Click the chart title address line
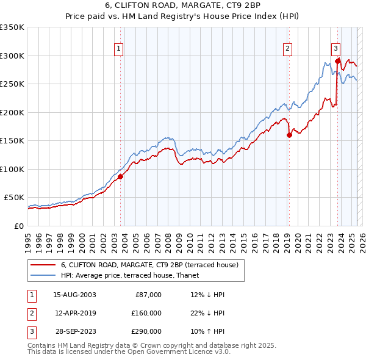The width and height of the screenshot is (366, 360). pos(184,5)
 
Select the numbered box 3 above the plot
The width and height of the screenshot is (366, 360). pos(335,48)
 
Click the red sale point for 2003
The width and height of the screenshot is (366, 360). pos(120,176)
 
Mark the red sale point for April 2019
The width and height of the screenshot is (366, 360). pos(289,135)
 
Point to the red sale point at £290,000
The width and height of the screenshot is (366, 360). pos(337,61)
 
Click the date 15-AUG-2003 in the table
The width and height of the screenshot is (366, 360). pos(74,295)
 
